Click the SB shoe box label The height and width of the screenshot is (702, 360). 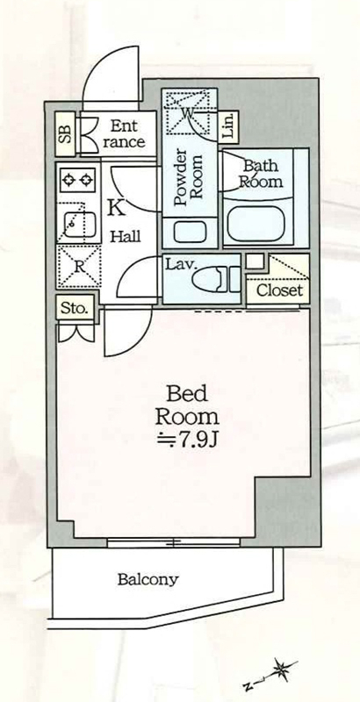tap(66, 133)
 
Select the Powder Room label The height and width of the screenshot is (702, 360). tap(189, 179)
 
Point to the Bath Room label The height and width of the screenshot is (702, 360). tap(261, 174)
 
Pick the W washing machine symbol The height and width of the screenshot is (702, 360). tap(188, 112)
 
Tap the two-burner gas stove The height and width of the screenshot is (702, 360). tap(77, 181)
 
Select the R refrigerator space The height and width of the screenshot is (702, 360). tap(79, 266)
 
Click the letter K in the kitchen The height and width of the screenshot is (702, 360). tap(117, 207)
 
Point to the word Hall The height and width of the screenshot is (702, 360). tap(126, 236)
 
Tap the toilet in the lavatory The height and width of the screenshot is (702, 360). tap(217, 279)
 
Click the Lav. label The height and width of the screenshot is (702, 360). tap(181, 264)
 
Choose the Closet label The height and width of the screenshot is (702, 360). tap(279, 290)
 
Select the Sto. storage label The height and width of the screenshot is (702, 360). tap(74, 308)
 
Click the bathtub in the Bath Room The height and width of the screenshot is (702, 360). tap(256, 223)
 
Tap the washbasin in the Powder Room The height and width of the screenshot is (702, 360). tap(190, 232)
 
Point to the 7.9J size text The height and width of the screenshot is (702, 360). tap(188, 441)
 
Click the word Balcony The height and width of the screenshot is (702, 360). tap(148, 580)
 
